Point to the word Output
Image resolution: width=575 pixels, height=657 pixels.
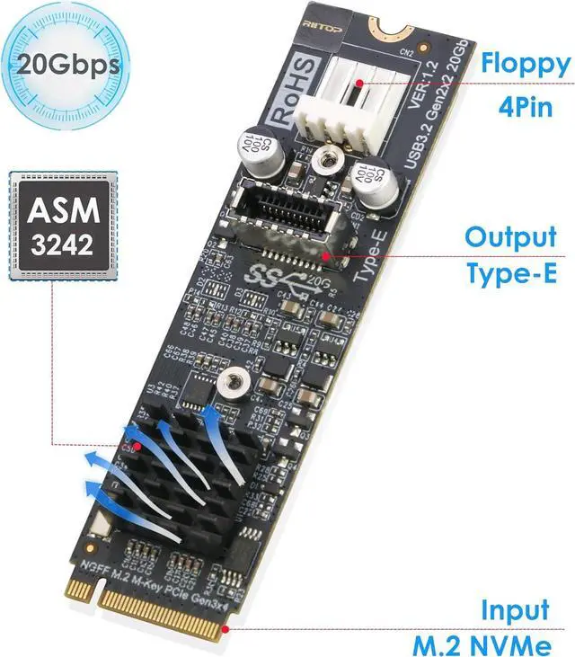click(510, 238)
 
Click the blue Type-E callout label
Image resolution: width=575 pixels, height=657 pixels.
click(510, 272)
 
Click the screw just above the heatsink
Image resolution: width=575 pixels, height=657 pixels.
click(233, 383)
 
